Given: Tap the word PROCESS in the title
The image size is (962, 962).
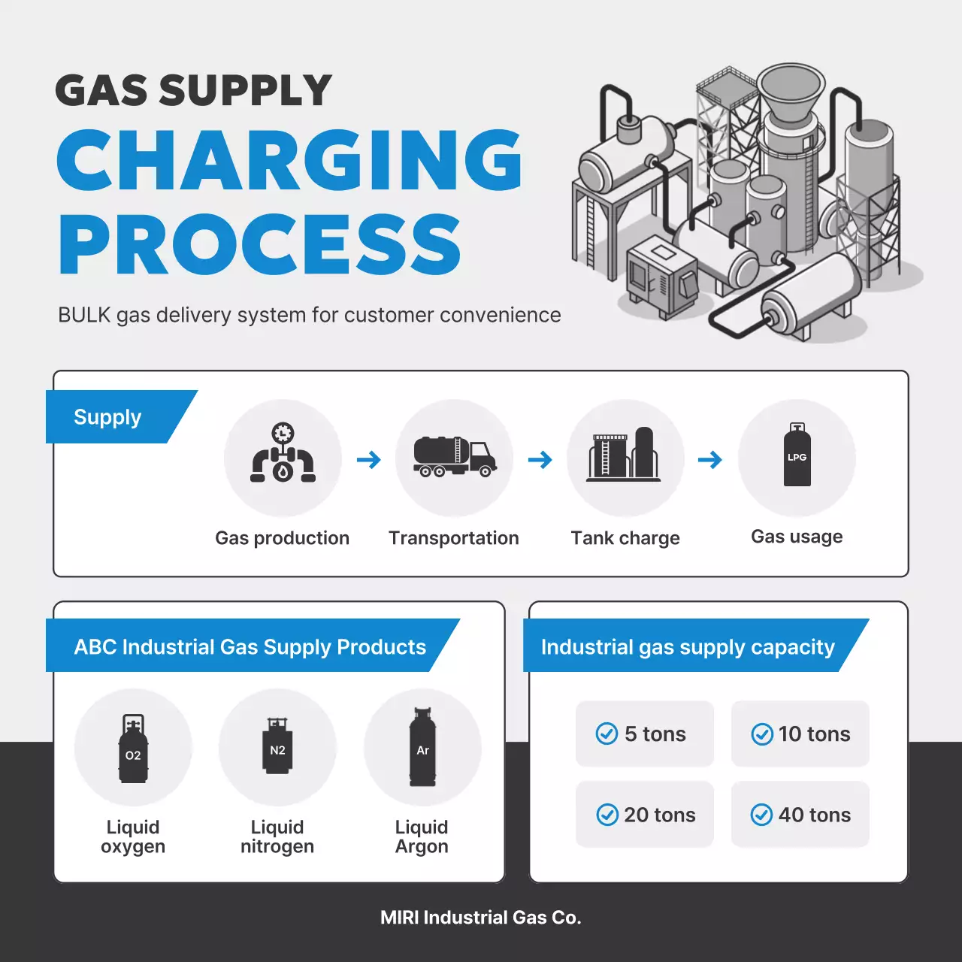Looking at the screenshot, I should click(x=260, y=244).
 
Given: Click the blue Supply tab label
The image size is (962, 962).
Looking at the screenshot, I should click(x=107, y=417).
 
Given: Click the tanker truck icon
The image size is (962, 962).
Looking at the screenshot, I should click(x=455, y=456).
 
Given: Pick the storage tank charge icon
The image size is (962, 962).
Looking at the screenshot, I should click(x=624, y=454).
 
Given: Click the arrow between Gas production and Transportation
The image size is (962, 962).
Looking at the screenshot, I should click(x=368, y=459).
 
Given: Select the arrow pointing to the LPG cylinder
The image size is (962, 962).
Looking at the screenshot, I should click(x=710, y=459).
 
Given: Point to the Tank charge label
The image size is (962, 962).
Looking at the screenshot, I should click(x=625, y=538).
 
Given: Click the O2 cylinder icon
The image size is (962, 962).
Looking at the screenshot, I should click(x=133, y=749).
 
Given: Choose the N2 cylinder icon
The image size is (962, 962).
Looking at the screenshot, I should click(x=277, y=745).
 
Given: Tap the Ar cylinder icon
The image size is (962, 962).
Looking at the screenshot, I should click(x=422, y=747).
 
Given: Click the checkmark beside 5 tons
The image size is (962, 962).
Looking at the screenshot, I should click(x=607, y=734).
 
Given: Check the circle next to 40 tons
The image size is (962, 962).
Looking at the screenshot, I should click(x=761, y=815).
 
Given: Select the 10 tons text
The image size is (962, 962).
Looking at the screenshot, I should click(x=814, y=734).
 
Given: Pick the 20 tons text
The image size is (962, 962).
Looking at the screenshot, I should click(x=660, y=815).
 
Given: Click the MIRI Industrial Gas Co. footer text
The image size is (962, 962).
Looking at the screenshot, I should click(x=481, y=918).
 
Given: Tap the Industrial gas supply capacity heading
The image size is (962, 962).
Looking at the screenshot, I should click(x=688, y=647).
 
